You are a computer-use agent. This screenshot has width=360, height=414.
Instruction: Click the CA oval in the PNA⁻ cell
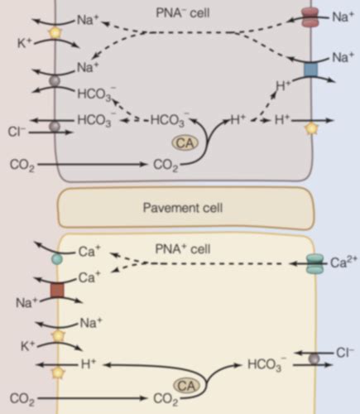point(185,143)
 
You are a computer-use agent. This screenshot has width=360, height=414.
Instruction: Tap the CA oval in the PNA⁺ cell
point(186,385)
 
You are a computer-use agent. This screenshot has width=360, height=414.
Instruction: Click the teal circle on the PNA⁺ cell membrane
point(56,259)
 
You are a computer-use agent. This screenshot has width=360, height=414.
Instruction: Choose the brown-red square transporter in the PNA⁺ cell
point(56,290)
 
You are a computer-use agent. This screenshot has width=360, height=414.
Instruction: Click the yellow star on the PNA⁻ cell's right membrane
point(310,128)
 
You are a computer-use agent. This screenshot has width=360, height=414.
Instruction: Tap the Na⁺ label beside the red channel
point(342,16)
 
